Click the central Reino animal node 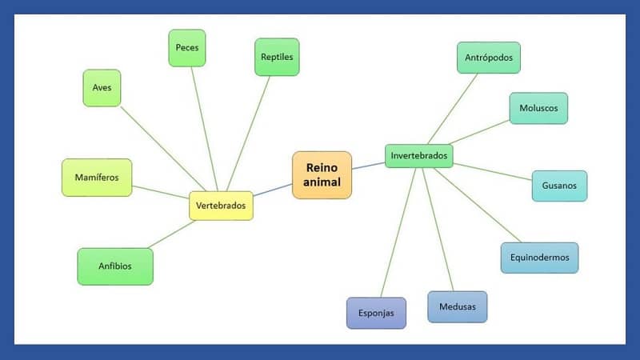pyautogui.click(x=322, y=174)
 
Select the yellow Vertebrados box pyautogui.click(x=221, y=206)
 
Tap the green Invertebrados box pyautogui.click(x=419, y=155)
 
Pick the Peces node pyautogui.click(x=187, y=48)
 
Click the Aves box pyautogui.click(x=102, y=88)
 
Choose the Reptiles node pyautogui.click(x=277, y=57)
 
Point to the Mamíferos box pyautogui.click(x=97, y=177)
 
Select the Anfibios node pyautogui.click(x=115, y=266)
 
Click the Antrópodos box pyautogui.click(x=488, y=58)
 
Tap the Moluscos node pyautogui.click(x=538, y=108)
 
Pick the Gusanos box pyautogui.click(x=559, y=186)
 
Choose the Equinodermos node pyautogui.click(x=539, y=258)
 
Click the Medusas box pyautogui.click(x=457, y=306)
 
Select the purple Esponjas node pyautogui.click(x=376, y=313)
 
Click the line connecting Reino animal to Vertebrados pyautogui.click(x=273, y=190)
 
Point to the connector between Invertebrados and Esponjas pyautogui.click(x=398, y=232)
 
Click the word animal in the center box pyautogui.click(x=322, y=182)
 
